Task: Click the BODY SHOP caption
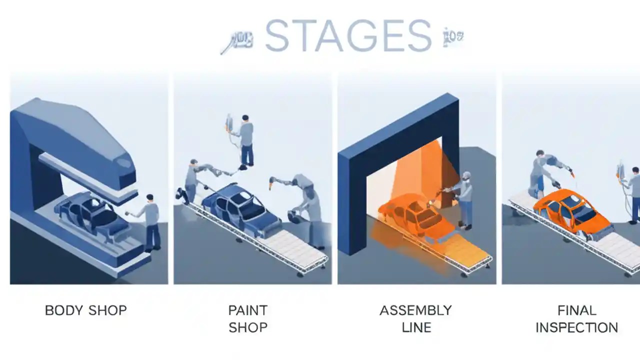tap(85, 310)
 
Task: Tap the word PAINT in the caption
tap(247, 310)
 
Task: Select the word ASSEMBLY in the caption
tap(415, 310)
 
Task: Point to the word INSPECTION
tap(576, 328)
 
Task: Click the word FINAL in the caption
tap(576, 310)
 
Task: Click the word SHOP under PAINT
tap(247, 328)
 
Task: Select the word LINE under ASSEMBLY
tap(415, 328)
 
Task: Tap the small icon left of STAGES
tap(237, 42)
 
